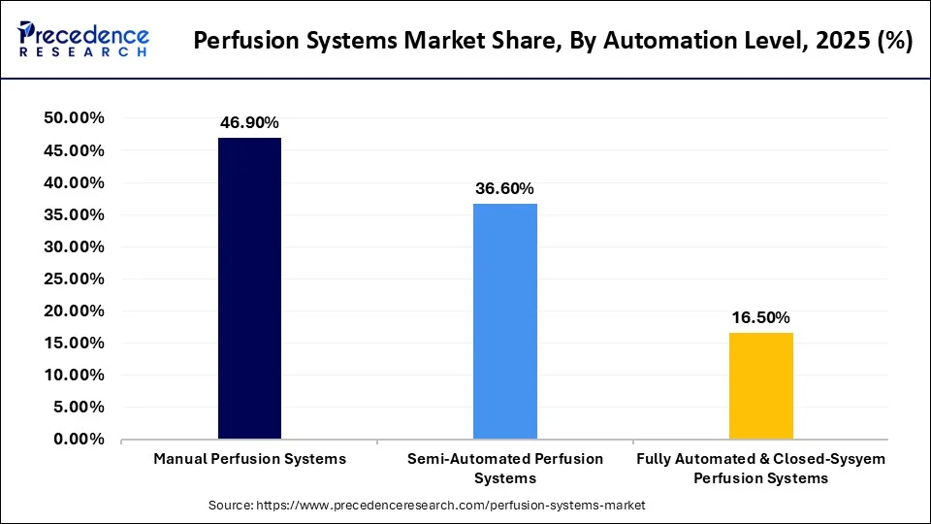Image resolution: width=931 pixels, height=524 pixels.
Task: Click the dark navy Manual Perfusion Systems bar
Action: (x=249, y=288)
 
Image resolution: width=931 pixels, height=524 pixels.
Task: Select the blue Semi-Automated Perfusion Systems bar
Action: (x=504, y=321)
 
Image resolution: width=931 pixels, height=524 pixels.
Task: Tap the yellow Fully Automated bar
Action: (x=760, y=385)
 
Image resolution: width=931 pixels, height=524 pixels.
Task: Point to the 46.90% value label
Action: (x=249, y=123)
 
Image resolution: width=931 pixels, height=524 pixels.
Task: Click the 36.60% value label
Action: (x=504, y=189)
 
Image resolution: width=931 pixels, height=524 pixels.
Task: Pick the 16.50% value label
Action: (x=760, y=318)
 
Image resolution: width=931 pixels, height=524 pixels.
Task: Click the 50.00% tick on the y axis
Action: (x=74, y=118)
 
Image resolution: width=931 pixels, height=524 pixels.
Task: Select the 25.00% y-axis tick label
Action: (x=74, y=278)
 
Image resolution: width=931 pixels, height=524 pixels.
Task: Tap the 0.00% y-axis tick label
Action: (x=78, y=440)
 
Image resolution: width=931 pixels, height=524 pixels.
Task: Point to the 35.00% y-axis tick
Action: (x=74, y=214)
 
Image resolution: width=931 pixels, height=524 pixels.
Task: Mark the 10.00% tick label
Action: (x=74, y=376)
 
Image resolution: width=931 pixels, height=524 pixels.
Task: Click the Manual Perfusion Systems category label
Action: (x=249, y=459)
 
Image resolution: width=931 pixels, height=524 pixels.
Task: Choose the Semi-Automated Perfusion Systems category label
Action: (x=504, y=468)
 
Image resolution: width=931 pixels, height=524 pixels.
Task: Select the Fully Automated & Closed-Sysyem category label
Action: (x=760, y=468)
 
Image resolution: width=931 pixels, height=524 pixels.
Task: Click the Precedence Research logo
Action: (x=83, y=41)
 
